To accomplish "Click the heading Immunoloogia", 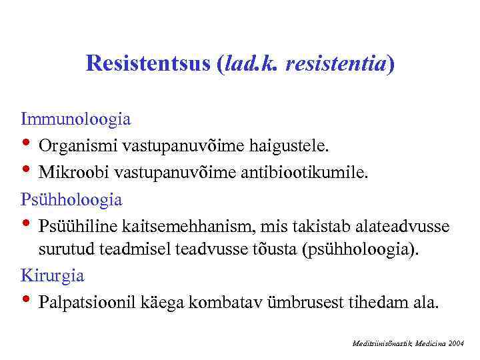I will [75, 119].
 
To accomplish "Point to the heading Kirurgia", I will [53, 275].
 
